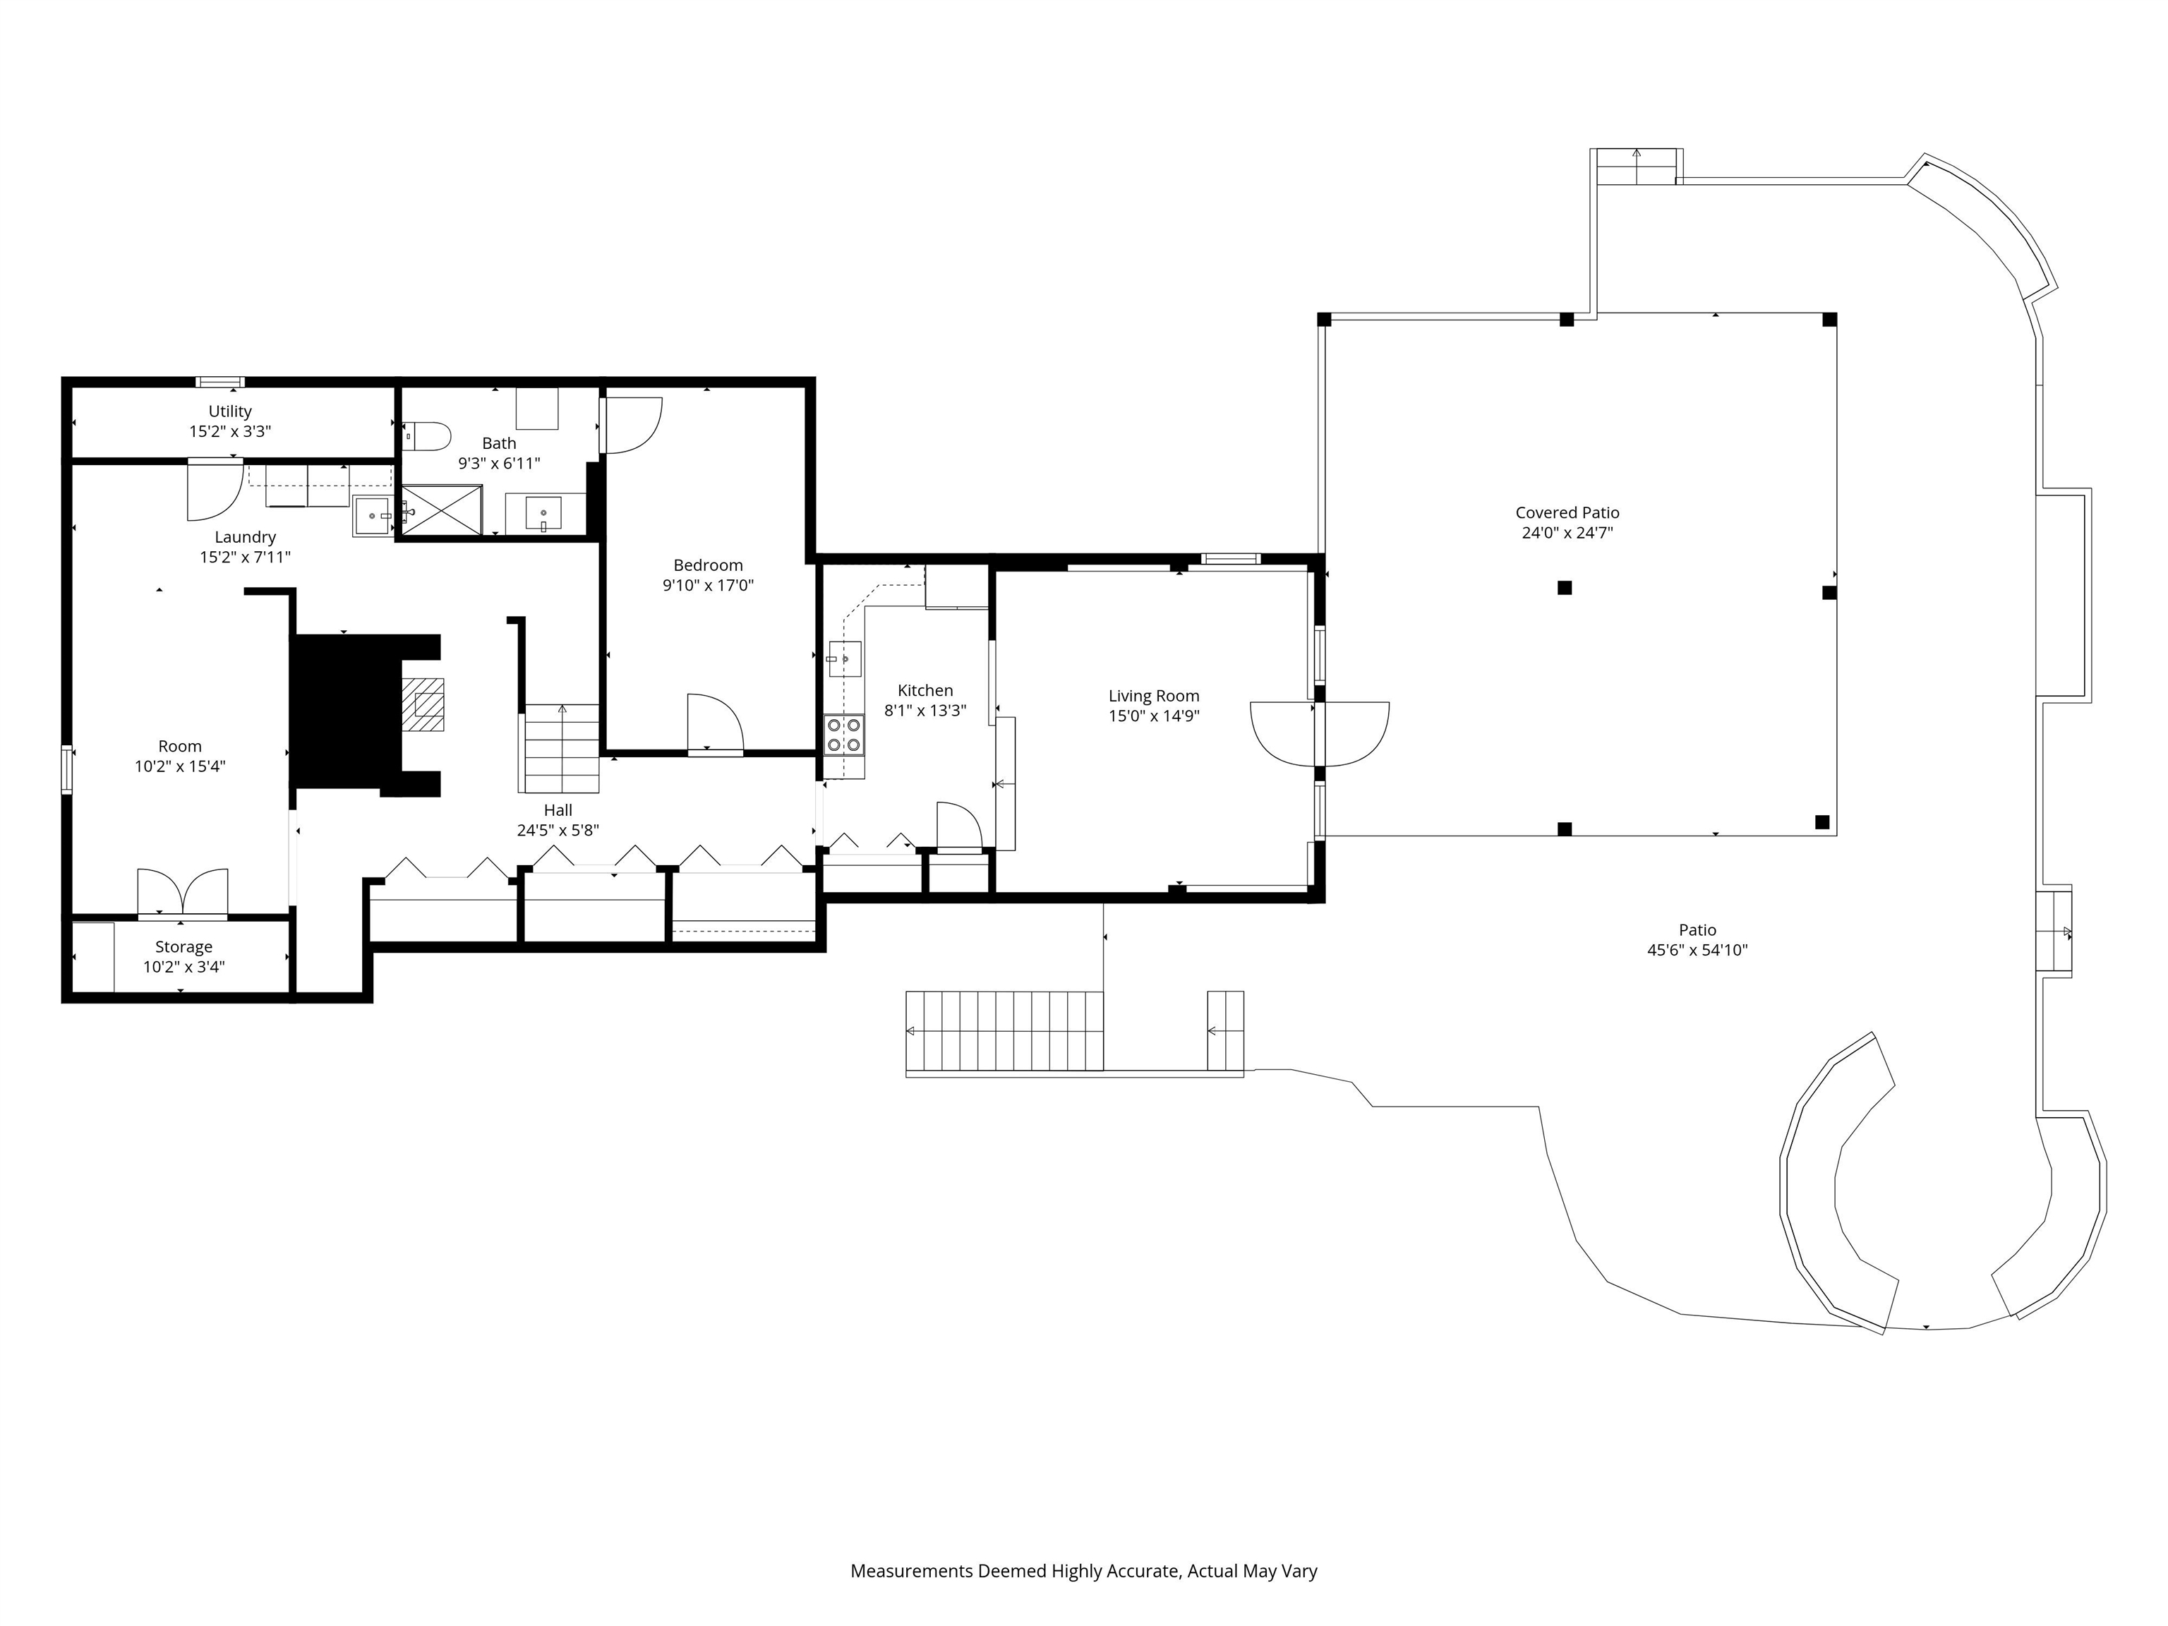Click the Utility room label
[229, 411]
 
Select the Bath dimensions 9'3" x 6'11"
[499, 464]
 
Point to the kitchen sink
[844, 660]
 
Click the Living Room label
[1154, 696]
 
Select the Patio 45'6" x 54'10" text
[1697, 950]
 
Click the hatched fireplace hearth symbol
[423, 705]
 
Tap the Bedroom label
[708, 565]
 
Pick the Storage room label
[183, 947]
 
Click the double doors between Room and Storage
[182, 892]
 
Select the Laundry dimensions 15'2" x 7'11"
[245, 558]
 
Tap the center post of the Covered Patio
[1565, 588]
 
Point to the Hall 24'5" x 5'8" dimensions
[558, 830]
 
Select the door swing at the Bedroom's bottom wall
[714, 723]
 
